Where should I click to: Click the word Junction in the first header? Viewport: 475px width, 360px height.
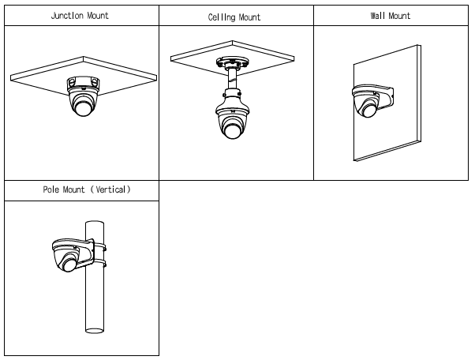67,15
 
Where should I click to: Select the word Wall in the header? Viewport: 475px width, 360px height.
378,15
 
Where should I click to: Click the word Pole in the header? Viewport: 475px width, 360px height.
52,190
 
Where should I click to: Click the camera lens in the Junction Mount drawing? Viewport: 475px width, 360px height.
84,107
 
